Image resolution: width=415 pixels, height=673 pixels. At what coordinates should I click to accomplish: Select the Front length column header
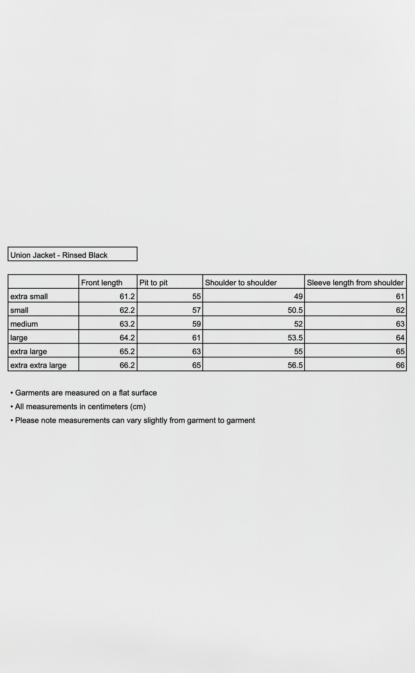pos(101,283)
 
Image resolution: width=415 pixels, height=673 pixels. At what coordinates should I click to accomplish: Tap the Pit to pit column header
pos(153,283)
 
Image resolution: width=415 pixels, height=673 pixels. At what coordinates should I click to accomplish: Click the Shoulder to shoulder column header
pos(240,283)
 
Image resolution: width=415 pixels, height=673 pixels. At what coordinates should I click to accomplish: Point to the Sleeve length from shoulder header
pos(355,283)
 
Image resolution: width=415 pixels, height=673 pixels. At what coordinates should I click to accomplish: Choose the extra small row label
pos(29,297)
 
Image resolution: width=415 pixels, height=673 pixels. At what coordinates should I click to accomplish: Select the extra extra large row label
pos(38,365)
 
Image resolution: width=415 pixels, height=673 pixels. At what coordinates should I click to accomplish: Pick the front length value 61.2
pos(127,297)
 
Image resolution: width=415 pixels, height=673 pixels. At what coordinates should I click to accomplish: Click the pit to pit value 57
pos(197,310)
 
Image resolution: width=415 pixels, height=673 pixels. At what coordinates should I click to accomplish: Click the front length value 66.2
pos(127,365)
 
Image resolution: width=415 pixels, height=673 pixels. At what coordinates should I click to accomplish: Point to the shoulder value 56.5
pos(295,365)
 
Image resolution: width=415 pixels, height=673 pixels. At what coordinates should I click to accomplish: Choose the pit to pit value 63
pos(197,351)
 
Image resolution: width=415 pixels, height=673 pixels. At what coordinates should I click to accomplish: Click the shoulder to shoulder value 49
pos(298,297)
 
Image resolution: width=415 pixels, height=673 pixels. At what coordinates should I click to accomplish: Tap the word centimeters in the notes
pos(108,407)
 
